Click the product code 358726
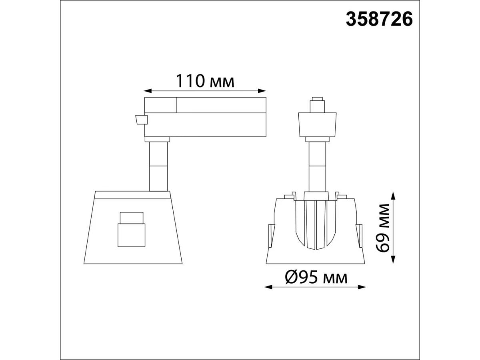[x=379, y=19]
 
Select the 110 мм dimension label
[x=205, y=81]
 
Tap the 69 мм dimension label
[x=383, y=228]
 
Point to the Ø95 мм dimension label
[x=316, y=278]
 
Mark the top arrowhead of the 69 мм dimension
[x=393, y=196]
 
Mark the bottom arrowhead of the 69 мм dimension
[x=393, y=260]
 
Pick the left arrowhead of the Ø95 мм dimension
[x=268, y=287]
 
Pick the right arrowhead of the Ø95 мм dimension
[x=362, y=287]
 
